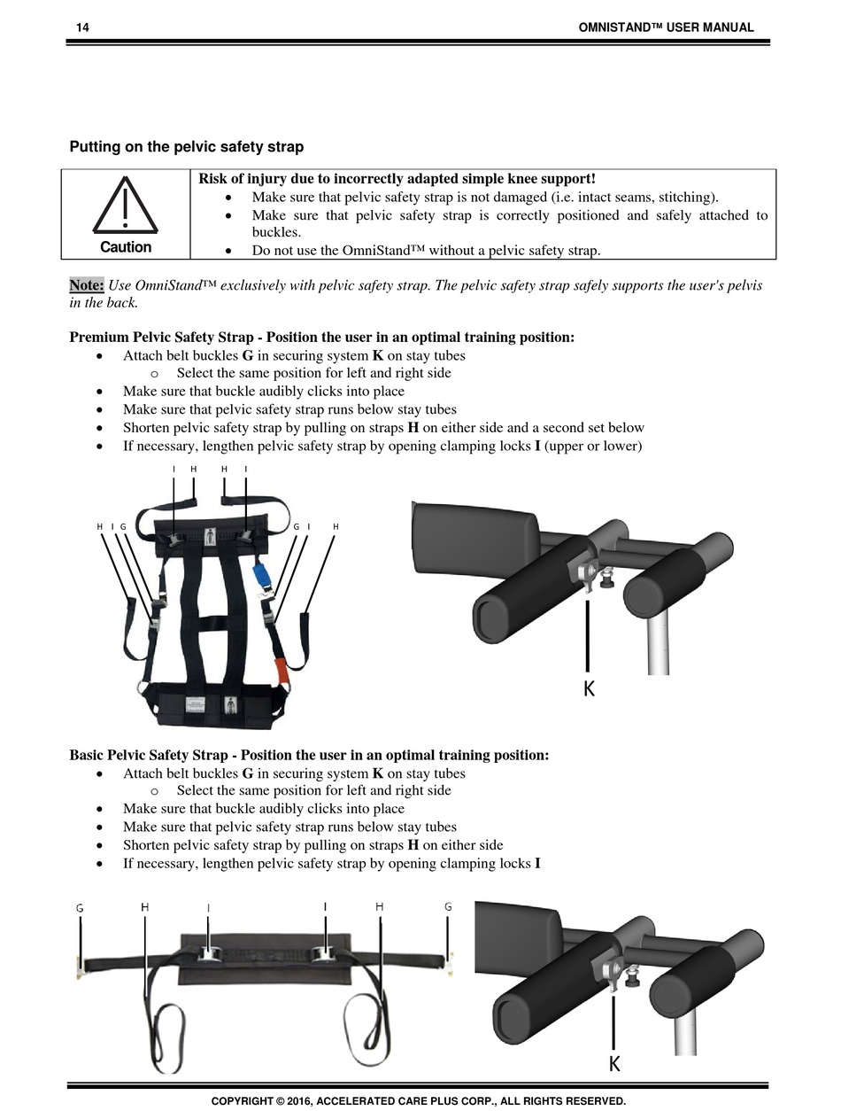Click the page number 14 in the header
pyautogui.click(x=82, y=27)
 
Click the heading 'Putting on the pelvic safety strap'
pyautogui.click(x=186, y=147)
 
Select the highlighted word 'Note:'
pyautogui.click(x=87, y=285)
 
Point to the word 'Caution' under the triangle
pyautogui.click(x=126, y=247)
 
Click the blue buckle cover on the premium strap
pyautogui.click(x=261, y=574)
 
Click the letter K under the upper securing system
pyautogui.click(x=589, y=688)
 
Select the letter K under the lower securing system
pyautogui.click(x=613, y=1064)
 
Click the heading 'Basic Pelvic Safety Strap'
pyautogui.click(x=309, y=755)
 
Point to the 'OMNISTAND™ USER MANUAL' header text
pyautogui.click(x=666, y=27)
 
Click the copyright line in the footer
pyautogui.click(x=418, y=1101)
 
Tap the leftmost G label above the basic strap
pyautogui.click(x=80, y=908)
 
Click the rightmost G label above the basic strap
pyautogui.click(x=448, y=907)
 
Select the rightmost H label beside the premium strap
pyautogui.click(x=336, y=527)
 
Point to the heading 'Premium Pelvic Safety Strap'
pyautogui.click(x=321, y=338)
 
